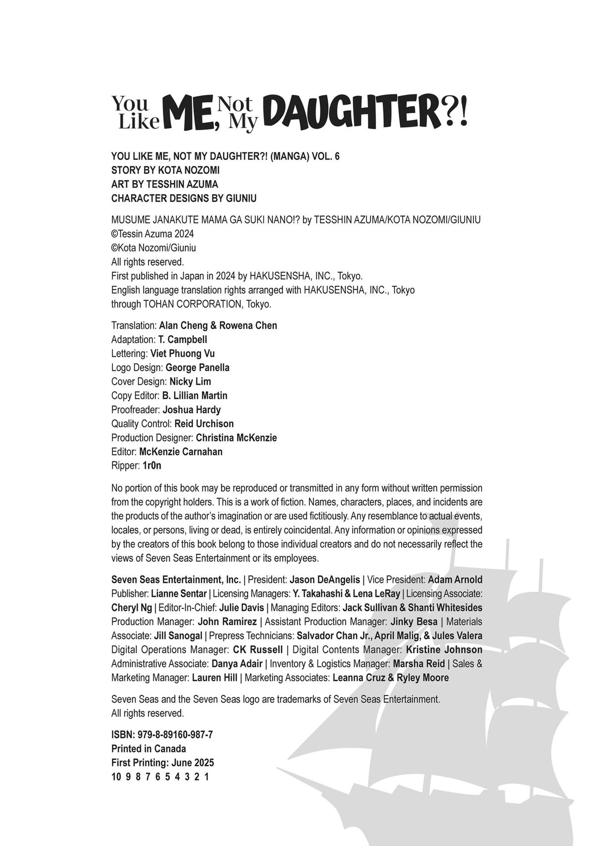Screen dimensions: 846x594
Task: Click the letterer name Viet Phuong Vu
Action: (183, 353)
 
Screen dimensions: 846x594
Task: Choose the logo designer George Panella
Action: (198, 368)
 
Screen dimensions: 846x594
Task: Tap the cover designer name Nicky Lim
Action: (190, 382)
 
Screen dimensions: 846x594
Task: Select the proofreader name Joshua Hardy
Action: (192, 410)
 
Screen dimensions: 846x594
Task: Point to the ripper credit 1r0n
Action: (152, 466)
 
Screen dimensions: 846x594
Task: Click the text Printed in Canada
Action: (148, 749)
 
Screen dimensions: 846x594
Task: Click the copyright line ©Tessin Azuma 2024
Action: (152, 234)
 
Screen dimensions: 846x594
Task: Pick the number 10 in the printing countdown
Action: (116, 777)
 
